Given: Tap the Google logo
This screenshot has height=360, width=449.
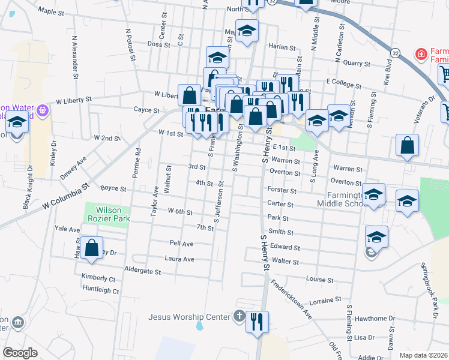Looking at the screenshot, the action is coord(20,353).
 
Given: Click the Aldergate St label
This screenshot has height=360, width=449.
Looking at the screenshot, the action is coord(142,271).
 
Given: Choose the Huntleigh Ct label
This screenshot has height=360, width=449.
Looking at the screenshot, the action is coord(100,290).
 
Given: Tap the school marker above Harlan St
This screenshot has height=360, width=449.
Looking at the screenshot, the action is coord(246,31).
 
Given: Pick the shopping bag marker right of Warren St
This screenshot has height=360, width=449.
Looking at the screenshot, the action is coord(407,146).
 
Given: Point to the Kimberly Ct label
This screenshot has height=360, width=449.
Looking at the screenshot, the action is coord(98,278).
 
